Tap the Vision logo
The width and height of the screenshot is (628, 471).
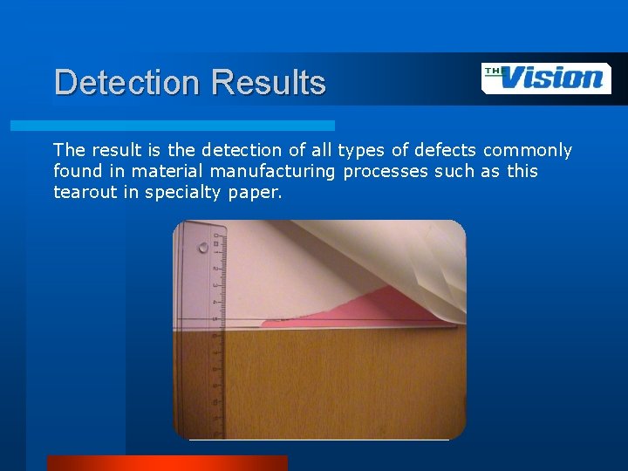pos(546,78)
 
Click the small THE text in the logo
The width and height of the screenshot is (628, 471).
pos(494,72)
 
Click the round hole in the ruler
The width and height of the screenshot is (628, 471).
pos(203,247)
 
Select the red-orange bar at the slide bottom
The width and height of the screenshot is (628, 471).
pos(167,463)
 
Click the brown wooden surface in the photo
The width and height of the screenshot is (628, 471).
pos(340,384)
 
